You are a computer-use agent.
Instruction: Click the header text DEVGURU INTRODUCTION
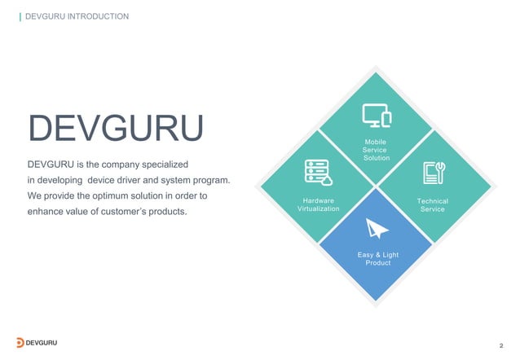tap(77, 15)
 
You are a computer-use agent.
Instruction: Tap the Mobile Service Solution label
tap(376, 150)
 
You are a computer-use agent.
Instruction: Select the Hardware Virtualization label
tap(318, 204)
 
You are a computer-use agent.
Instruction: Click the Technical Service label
tap(433, 205)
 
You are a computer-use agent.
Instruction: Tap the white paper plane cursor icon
tap(377, 229)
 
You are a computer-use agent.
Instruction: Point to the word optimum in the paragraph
tap(121, 196)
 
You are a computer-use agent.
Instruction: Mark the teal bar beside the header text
tap(20, 15)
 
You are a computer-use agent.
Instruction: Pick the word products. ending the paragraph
tap(166, 213)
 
